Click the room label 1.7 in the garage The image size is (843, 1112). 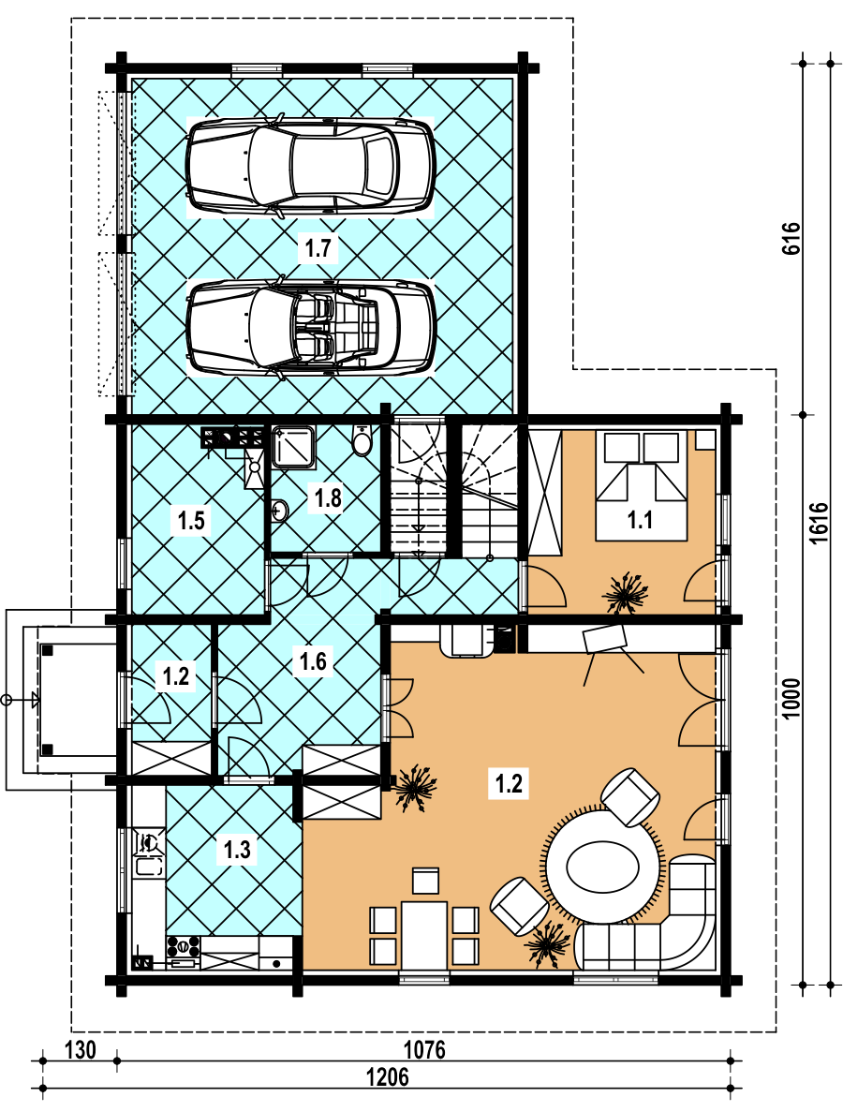coord(318,248)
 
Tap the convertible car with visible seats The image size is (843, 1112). coord(311,326)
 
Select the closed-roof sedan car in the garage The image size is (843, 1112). coord(311,165)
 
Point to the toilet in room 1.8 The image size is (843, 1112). coord(362,439)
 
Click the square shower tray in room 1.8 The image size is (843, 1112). coord(293,447)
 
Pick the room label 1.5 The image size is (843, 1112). coord(191,521)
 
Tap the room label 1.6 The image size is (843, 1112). coord(313,661)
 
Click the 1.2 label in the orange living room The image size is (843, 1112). coord(509,784)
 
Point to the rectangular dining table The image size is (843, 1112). coord(424,935)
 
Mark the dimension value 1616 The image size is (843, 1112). coord(819,524)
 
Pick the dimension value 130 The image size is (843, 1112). coord(81,1049)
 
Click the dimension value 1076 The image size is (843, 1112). coord(424,1049)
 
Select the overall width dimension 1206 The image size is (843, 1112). coord(388,1077)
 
